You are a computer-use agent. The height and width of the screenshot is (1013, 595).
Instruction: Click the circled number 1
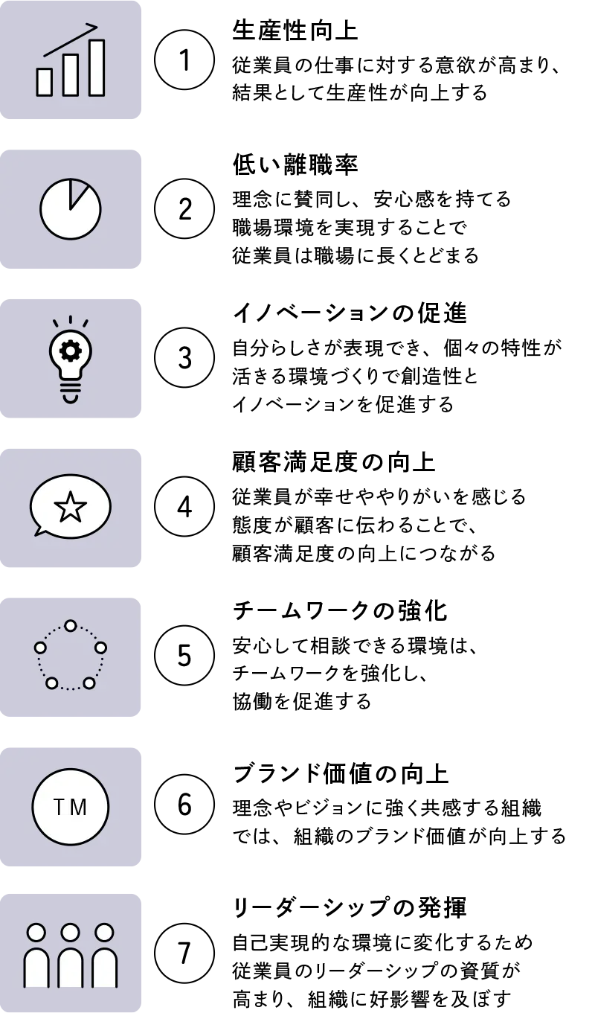184,60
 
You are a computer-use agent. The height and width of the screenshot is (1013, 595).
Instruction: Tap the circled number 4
184,506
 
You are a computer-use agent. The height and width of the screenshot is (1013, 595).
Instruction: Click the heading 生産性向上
295,31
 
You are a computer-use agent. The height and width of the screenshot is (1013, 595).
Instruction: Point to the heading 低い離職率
295,164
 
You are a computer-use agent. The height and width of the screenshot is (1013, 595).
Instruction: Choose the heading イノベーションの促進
350,313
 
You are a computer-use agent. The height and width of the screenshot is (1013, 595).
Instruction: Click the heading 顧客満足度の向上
334,462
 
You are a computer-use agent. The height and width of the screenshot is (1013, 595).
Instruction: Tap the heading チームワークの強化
340,611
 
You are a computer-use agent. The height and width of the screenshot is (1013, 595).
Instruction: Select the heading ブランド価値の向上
341,774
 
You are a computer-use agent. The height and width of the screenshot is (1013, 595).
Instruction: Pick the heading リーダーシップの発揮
350,907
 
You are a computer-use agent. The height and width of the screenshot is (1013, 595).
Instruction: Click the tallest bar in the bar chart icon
97,68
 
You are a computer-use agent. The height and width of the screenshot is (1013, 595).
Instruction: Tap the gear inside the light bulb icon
71,351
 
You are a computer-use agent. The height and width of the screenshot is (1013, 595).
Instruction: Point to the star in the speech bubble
71,506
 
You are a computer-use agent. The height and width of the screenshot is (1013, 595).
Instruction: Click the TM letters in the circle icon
70,808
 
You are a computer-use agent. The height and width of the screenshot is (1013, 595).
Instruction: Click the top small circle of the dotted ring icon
71,626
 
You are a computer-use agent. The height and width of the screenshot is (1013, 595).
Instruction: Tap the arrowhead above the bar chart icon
94,27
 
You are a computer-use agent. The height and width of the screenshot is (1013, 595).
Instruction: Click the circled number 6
184,805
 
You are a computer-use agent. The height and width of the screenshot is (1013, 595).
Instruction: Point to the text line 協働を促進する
302,701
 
